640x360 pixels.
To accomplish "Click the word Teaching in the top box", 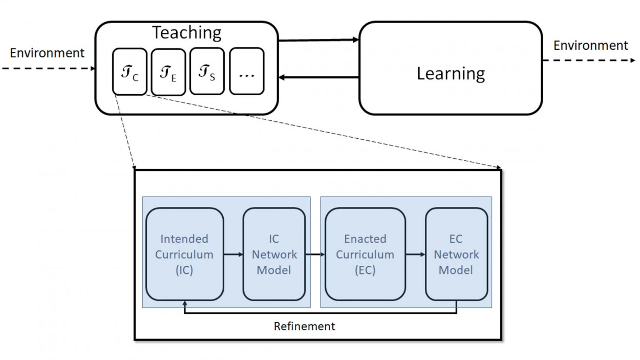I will point(187,33).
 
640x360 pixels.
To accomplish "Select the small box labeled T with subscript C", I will point(130,71).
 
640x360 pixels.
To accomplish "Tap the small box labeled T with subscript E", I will point(168,72).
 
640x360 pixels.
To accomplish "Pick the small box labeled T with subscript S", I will point(207,71).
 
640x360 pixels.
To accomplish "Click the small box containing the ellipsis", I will point(246,71).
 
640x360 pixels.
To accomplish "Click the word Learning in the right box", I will point(450,74).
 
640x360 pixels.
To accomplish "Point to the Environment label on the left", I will point(47,52).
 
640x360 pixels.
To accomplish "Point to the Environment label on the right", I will point(590,46).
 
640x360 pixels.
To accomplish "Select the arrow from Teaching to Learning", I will point(318,40).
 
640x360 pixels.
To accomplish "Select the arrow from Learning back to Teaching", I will point(318,77).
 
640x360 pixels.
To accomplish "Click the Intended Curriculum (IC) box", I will point(184,254).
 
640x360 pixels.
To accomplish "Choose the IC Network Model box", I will point(274,254).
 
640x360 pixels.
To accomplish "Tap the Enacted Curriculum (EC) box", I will point(365,254).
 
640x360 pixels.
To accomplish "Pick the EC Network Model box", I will point(456,254).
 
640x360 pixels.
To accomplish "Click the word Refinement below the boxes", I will point(304,326).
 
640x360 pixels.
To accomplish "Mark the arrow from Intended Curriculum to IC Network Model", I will point(233,254).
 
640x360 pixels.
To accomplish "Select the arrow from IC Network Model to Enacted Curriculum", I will point(315,254).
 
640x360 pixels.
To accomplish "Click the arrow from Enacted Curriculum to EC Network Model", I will point(415,254).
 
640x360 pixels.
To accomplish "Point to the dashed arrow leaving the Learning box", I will point(589,60).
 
